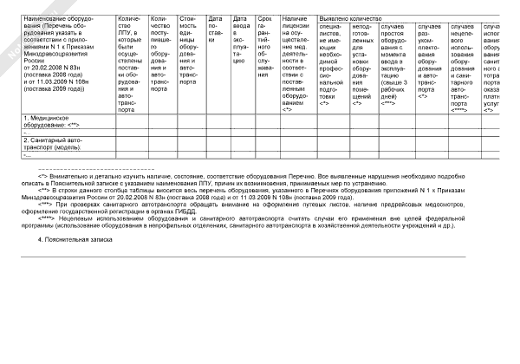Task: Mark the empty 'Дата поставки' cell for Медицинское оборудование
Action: point(216,120)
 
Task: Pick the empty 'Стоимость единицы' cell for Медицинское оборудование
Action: point(188,120)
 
